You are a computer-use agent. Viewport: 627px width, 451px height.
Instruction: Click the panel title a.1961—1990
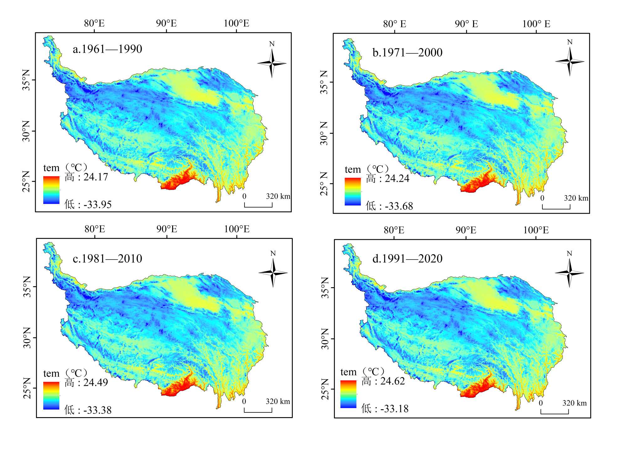(x=107, y=49)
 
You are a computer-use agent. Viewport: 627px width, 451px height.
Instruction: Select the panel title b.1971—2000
(x=407, y=52)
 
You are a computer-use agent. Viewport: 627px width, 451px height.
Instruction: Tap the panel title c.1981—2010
(x=107, y=259)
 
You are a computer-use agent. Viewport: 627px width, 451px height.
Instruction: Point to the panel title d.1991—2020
(x=407, y=259)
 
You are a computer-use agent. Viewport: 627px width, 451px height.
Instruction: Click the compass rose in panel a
(x=272, y=63)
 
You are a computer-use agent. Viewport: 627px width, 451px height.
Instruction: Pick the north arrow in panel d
(x=570, y=273)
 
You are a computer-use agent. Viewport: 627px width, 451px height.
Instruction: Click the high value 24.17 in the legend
(x=96, y=177)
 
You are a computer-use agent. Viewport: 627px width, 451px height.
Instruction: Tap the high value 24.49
(x=96, y=383)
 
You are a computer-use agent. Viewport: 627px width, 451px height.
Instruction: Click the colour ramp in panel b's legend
(x=353, y=191)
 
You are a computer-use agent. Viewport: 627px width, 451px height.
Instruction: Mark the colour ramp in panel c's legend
(x=51, y=395)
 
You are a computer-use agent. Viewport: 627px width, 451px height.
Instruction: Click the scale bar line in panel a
(x=258, y=207)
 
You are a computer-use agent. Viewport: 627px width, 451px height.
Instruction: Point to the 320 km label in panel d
(x=574, y=403)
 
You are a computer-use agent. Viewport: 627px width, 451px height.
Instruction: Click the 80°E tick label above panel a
(x=94, y=23)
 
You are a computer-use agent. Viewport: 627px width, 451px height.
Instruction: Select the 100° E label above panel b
(x=536, y=24)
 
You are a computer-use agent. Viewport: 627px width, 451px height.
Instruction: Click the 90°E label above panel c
(x=167, y=229)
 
